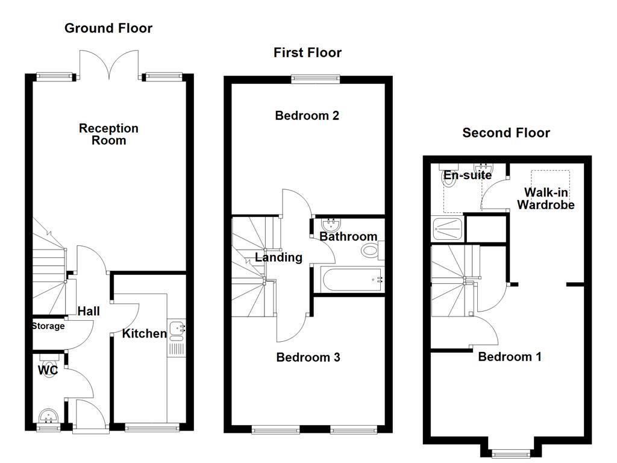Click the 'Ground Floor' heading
pos(108,28)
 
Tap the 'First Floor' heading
pos(307,53)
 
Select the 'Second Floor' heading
pos(506,133)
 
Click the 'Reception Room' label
pos(108,134)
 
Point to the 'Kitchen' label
pos(144,334)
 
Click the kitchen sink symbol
pos(177,329)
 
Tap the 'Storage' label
pos(48,326)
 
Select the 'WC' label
pos(48,370)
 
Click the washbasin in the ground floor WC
pos(48,415)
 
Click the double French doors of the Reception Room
pos(109,65)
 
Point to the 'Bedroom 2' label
pos(307,116)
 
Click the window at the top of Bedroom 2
pos(308,77)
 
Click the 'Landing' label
pos(278,258)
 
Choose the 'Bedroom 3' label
pos(308,357)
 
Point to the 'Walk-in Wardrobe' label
pos(546,199)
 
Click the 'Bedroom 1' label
pos(510,357)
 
